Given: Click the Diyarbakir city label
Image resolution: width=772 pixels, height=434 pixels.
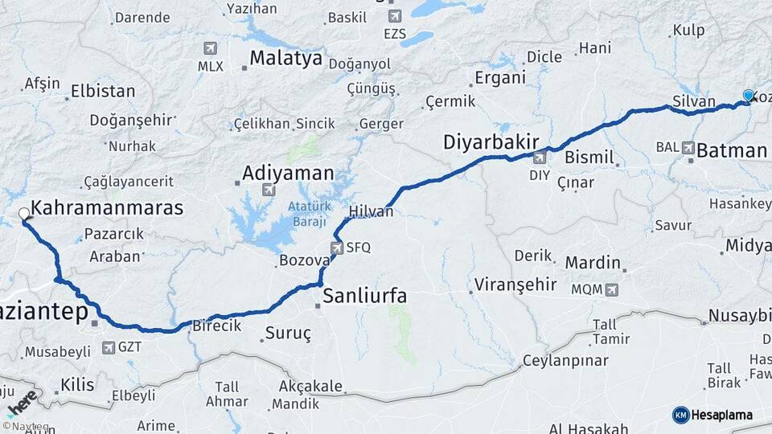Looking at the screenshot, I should click(x=491, y=142).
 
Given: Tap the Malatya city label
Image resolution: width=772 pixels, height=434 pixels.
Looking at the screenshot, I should click(x=285, y=58).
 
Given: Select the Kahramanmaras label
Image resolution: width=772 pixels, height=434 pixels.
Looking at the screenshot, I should click(x=107, y=207).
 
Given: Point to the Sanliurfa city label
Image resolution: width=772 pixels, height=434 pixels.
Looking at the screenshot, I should click(x=364, y=296).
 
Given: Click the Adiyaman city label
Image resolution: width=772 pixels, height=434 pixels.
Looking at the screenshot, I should click(x=288, y=173).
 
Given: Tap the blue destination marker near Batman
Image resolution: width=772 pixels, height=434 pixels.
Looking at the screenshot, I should click(x=749, y=96).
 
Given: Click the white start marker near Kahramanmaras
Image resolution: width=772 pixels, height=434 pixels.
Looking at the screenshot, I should click(x=24, y=215).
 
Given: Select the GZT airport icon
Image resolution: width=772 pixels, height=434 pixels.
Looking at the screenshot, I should click(x=109, y=348).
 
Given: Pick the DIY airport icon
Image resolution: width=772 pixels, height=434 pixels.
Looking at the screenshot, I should click(x=540, y=158).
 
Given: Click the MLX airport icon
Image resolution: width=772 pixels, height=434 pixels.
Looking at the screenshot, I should click(x=211, y=48).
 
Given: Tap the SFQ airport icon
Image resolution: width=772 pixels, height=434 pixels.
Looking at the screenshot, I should click(x=336, y=248).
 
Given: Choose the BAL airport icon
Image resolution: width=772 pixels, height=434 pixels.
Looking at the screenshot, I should click(x=688, y=148).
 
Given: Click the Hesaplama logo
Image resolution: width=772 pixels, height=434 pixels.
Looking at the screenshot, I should click(x=712, y=415).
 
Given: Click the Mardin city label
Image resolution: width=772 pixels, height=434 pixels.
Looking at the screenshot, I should click(x=593, y=262).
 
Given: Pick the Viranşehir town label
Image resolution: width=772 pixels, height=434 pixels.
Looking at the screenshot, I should click(x=515, y=284).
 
